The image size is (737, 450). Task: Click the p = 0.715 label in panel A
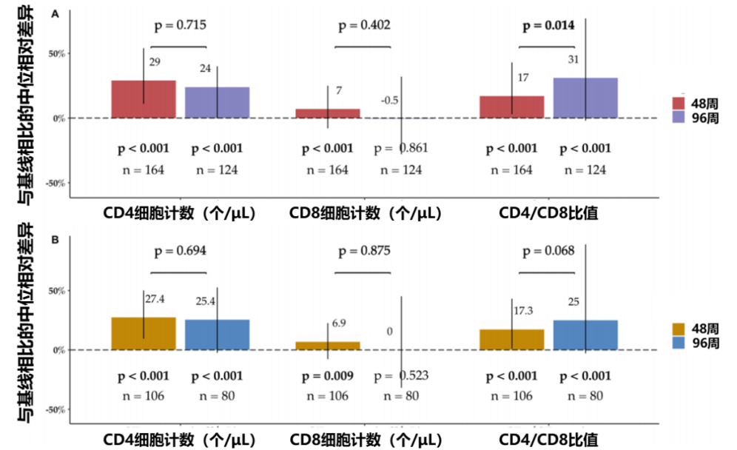[x=180, y=25]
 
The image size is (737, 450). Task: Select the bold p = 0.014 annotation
[x=548, y=25]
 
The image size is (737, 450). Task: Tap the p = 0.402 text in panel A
[x=364, y=25]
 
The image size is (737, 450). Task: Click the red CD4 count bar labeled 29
[x=144, y=99]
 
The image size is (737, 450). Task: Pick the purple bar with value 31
[x=585, y=98]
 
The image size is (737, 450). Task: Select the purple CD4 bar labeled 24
[x=217, y=102]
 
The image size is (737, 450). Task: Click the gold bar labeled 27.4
[x=144, y=333]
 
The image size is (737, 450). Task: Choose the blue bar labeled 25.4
[x=217, y=335]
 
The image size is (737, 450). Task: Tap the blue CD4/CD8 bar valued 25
[x=585, y=335]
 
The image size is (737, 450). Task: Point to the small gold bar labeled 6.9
[x=328, y=345]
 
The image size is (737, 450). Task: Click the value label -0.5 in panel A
[x=390, y=100]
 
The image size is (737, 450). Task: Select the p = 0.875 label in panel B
[x=364, y=251]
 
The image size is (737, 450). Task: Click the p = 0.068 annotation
[x=548, y=251]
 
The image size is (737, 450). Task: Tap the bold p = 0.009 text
[x=328, y=376]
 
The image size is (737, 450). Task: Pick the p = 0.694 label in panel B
[x=180, y=251]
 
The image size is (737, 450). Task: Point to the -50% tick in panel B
[x=57, y=409]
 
